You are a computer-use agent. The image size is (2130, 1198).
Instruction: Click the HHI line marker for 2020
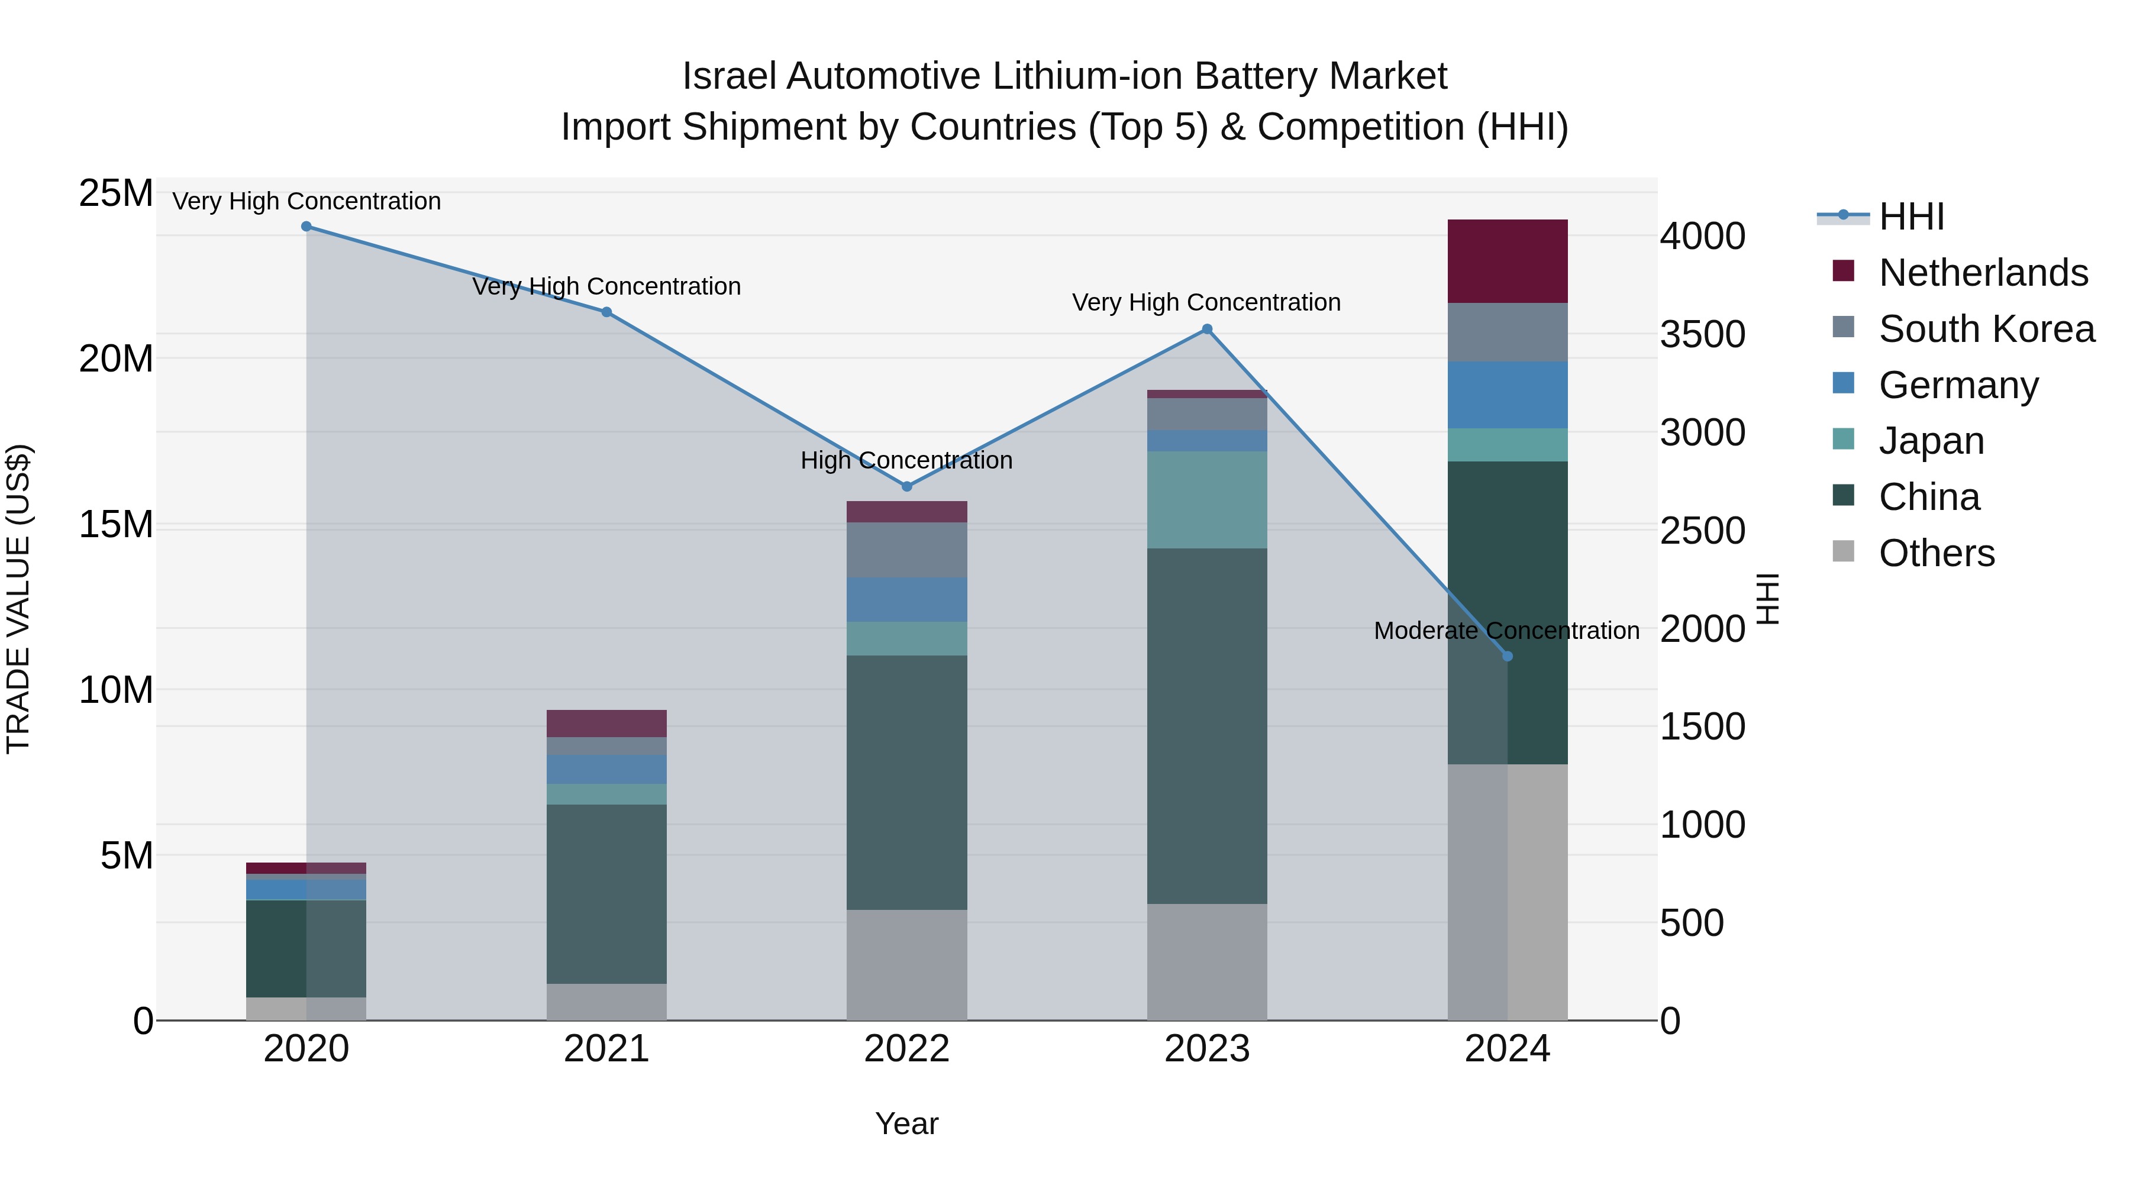(306, 226)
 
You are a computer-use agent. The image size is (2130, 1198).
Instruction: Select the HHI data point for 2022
(906, 486)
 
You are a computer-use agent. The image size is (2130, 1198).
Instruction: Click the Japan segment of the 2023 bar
(1206, 499)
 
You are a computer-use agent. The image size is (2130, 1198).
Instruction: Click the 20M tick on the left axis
(116, 359)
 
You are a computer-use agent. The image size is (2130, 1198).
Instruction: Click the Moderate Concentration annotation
(1506, 631)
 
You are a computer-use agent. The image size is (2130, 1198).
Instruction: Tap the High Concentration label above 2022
(906, 460)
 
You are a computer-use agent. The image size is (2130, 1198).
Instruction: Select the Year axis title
(906, 1123)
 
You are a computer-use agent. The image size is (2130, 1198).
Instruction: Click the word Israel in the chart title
(728, 77)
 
